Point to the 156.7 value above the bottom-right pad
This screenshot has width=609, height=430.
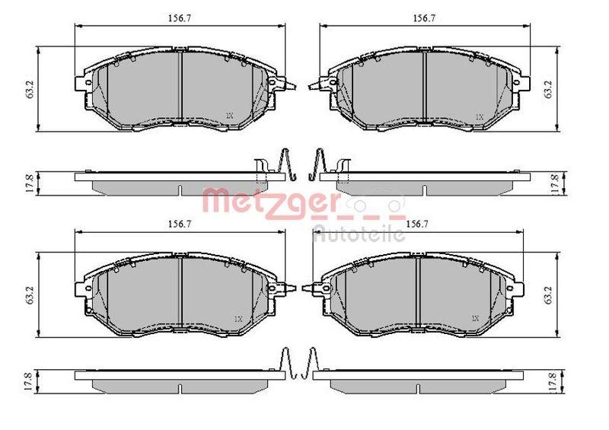click(416, 224)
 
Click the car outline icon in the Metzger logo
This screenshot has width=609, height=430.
click(373, 205)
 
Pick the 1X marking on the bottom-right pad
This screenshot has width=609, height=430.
click(476, 317)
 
